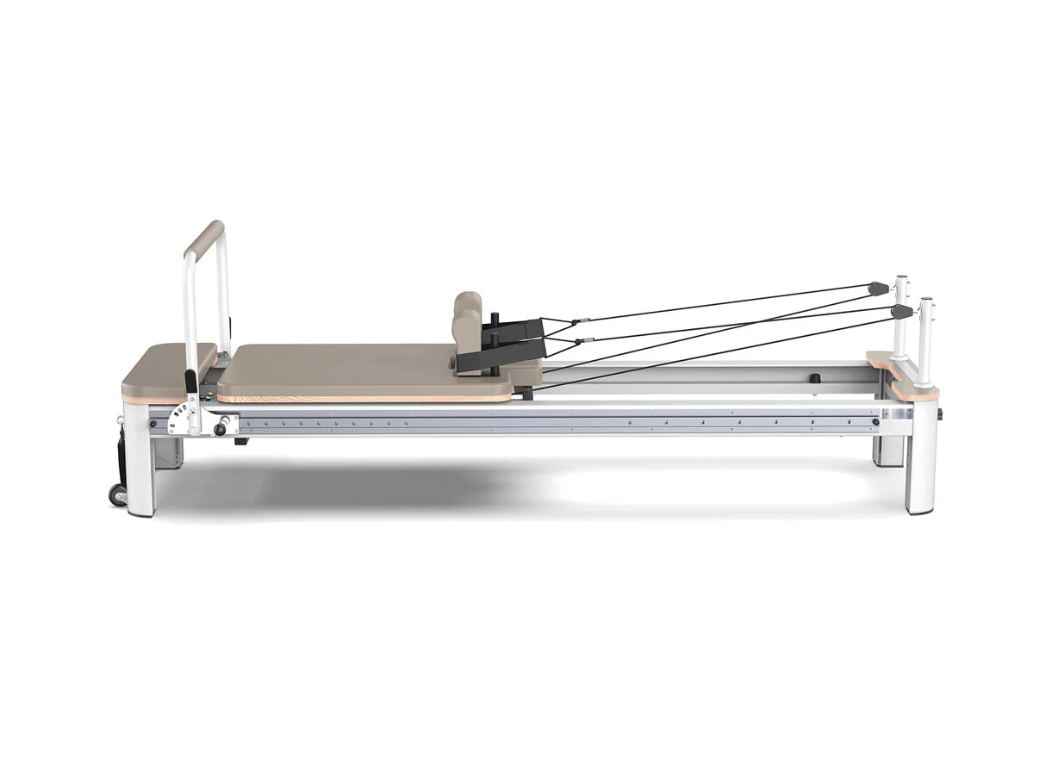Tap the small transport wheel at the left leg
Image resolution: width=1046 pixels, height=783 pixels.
click(117, 494)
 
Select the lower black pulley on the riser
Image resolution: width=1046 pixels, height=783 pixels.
click(901, 311)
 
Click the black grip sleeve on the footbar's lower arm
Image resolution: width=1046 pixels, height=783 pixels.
click(191, 380)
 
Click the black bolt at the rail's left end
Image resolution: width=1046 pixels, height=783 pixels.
click(153, 422)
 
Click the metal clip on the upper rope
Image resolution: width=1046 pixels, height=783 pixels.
click(586, 320)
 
